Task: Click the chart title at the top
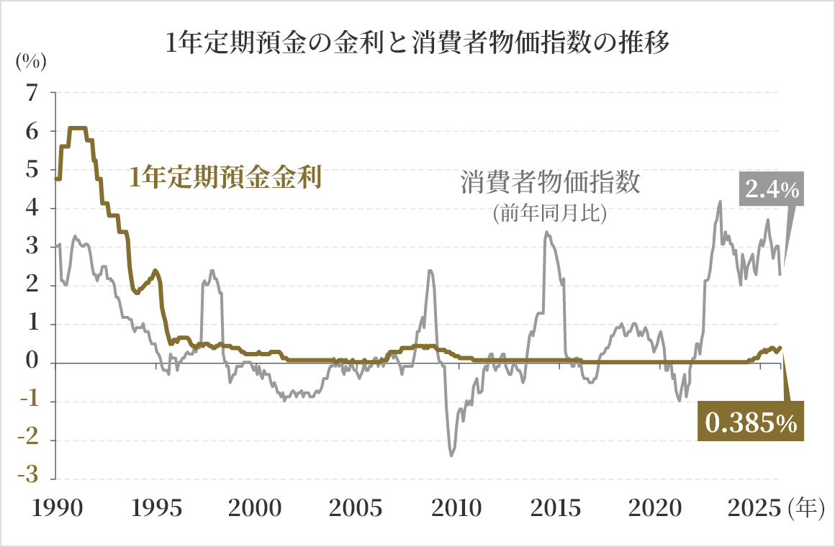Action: click(417, 42)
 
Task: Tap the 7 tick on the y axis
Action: click(31, 93)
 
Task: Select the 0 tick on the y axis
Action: click(31, 363)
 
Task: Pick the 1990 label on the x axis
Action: click(55, 509)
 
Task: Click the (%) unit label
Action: click(31, 61)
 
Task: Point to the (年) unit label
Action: click(805, 509)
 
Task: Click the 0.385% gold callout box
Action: click(751, 423)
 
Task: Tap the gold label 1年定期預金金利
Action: click(225, 176)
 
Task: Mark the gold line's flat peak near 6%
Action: click(77, 128)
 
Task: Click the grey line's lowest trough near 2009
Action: click(451, 455)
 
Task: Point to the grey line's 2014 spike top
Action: click(546, 232)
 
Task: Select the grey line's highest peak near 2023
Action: click(720, 202)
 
